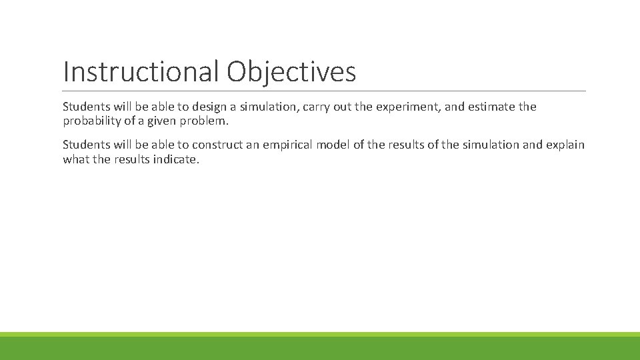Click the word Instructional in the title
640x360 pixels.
click(x=141, y=72)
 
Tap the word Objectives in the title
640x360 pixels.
click(x=291, y=72)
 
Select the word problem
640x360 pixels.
click(x=210, y=121)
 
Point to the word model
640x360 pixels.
click(x=334, y=145)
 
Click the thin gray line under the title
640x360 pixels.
click(x=324, y=91)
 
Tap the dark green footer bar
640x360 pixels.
click(x=320, y=349)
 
